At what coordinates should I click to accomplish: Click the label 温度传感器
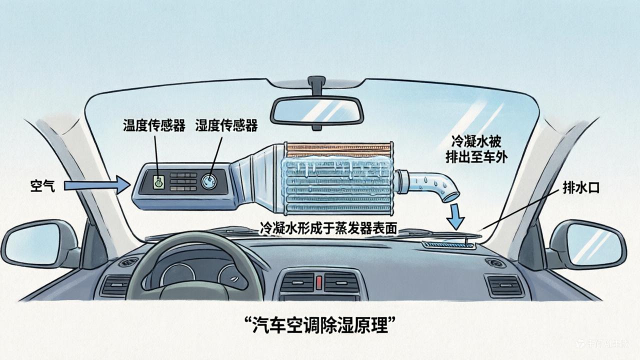tap(154, 125)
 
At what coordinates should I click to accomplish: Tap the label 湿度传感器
tap(226, 125)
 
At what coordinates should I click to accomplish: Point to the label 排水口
tap(580, 188)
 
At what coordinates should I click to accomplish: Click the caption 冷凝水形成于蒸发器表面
tap(328, 228)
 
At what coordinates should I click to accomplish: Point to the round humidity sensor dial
tap(209, 181)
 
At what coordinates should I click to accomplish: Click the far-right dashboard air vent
tap(504, 285)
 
